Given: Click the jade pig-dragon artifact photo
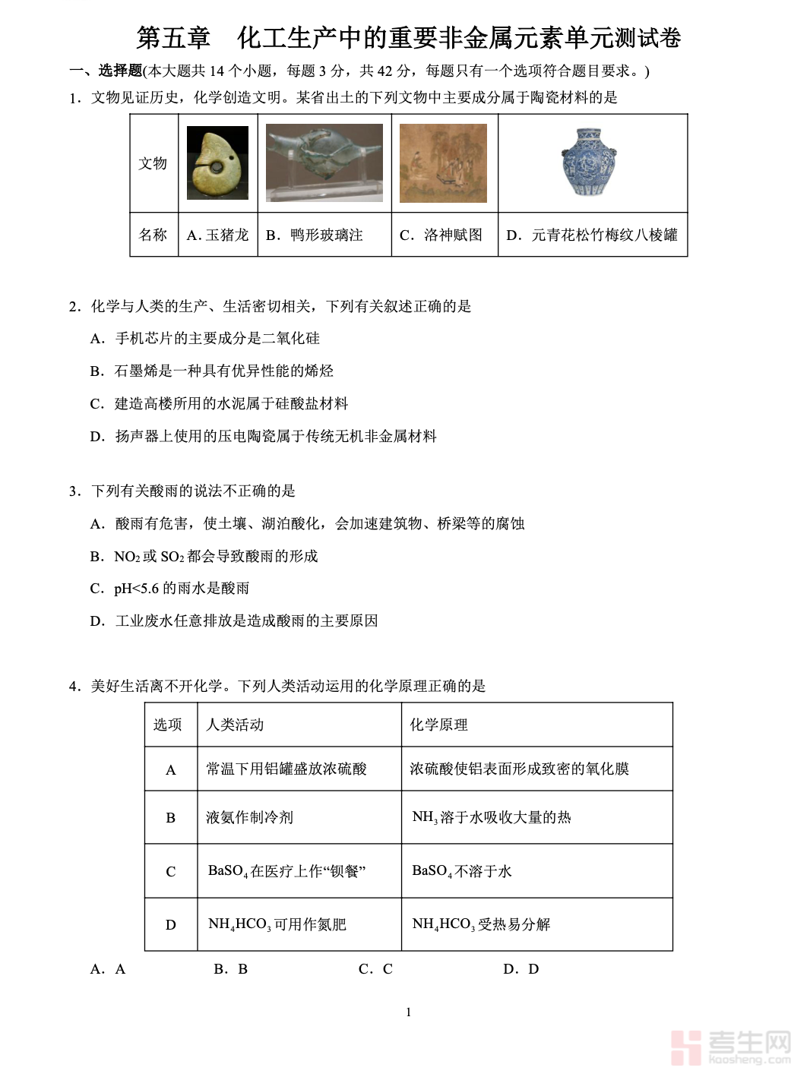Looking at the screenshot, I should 217,163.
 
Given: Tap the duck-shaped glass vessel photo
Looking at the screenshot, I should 324,162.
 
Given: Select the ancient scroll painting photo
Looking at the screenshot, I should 443,163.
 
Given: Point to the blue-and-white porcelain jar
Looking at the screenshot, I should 590,162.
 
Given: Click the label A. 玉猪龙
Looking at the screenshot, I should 217,235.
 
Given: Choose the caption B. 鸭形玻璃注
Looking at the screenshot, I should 315,235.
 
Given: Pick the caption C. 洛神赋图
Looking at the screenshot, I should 441,235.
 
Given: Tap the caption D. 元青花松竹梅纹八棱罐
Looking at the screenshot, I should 592,235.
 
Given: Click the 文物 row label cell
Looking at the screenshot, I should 153,163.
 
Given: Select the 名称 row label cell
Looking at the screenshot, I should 153,235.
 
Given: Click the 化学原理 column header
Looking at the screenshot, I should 439,725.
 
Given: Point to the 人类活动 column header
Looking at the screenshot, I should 235,725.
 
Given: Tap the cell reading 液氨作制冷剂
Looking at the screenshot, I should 249,817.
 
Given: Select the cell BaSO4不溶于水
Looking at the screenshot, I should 462,871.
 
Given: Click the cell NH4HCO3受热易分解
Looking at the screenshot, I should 481,924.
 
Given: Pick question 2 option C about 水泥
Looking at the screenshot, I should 219,403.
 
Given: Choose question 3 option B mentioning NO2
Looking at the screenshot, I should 204,556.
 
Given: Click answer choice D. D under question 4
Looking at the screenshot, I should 521,969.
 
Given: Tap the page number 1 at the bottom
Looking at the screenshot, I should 408,1012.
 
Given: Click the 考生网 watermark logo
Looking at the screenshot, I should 731,1047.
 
